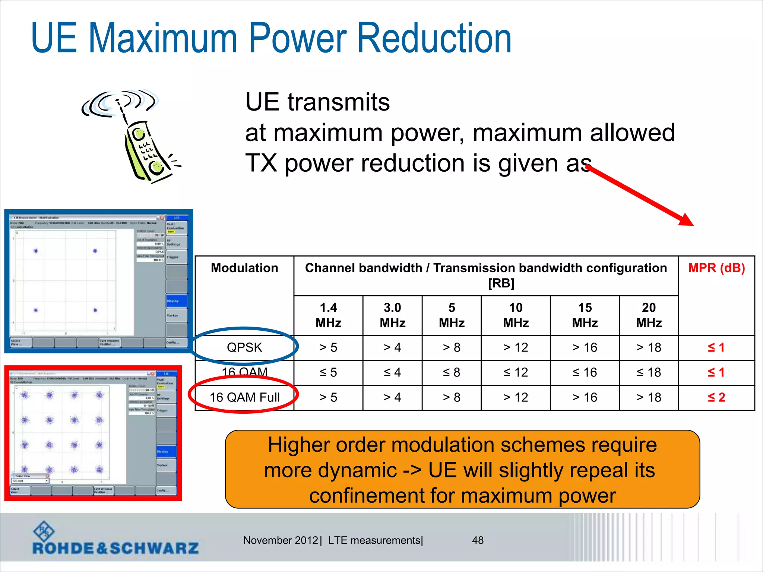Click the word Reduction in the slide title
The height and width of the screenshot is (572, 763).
(x=434, y=38)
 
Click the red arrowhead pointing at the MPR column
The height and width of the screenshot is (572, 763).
(x=686, y=220)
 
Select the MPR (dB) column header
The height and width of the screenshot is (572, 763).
(x=716, y=268)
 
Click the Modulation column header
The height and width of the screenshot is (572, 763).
(x=244, y=268)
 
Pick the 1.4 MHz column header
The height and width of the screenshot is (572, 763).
(x=328, y=315)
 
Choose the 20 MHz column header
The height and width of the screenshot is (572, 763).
(x=649, y=315)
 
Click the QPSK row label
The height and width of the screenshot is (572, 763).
(x=244, y=347)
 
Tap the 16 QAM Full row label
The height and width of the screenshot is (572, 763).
(x=244, y=397)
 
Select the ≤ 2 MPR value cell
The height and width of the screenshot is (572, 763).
(x=716, y=397)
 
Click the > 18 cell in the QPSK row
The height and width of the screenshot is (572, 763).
(x=649, y=347)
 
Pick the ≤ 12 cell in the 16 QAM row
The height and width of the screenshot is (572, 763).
(x=516, y=372)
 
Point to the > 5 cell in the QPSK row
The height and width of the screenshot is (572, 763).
(x=328, y=347)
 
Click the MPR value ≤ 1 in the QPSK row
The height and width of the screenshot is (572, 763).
(x=716, y=347)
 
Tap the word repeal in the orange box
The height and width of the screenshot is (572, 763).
(x=563, y=470)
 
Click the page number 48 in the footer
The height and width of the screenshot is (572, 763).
(x=478, y=540)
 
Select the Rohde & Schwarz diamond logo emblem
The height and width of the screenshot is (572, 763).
(x=44, y=531)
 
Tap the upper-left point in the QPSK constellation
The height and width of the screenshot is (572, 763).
(x=36, y=251)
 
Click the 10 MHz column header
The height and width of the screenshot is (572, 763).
(x=516, y=315)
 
